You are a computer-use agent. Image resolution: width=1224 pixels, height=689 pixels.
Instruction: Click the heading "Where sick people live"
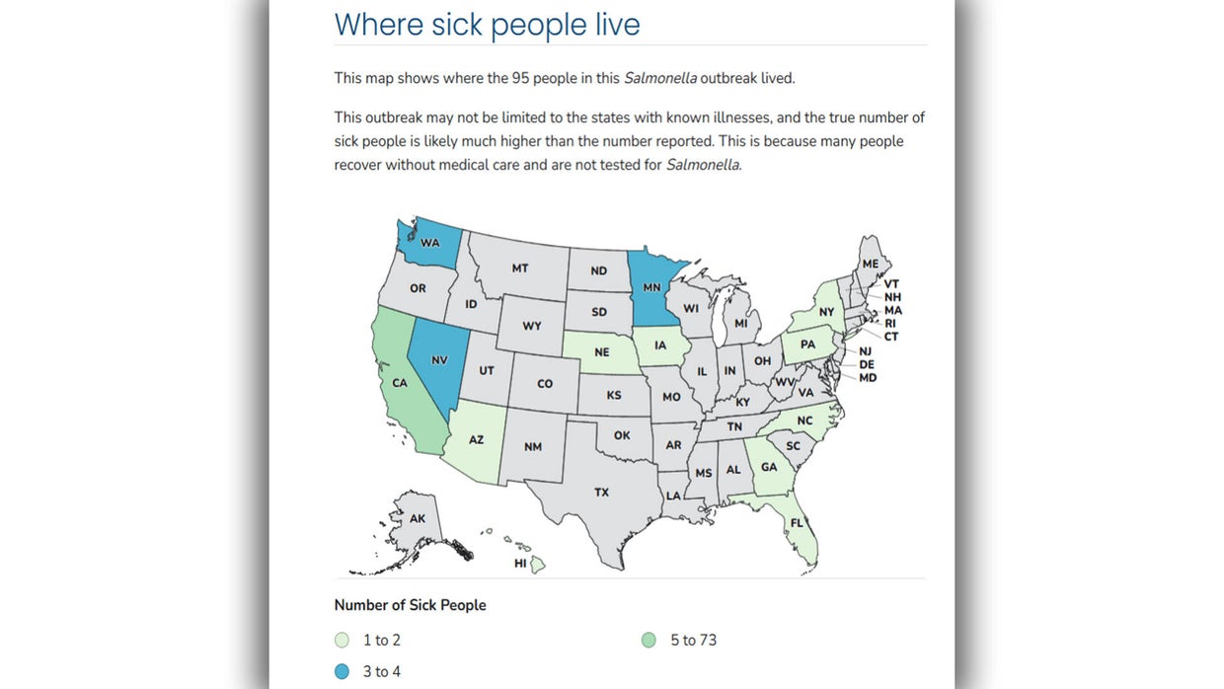(x=487, y=24)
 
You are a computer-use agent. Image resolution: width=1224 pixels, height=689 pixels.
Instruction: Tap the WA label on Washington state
(x=430, y=242)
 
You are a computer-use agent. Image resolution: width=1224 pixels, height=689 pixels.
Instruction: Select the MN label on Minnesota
(x=651, y=288)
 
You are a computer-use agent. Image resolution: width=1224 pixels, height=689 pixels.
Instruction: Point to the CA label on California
(x=401, y=383)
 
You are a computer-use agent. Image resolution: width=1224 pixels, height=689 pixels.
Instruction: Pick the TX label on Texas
(x=601, y=492)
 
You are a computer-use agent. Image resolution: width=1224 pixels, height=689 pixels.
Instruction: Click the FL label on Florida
(x=797, y=522)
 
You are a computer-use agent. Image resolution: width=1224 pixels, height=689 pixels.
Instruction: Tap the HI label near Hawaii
(x=520, y=564)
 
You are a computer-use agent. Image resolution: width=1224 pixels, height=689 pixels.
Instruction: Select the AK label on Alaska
(x=418, y=518)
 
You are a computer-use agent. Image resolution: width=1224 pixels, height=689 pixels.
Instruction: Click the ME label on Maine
(x=870, y=264)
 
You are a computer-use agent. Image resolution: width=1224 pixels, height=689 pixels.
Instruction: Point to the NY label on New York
(x=826, y=312)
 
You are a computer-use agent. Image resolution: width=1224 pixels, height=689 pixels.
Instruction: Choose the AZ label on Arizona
(x=476, y=439)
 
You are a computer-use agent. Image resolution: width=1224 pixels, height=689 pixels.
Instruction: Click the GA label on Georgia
(x=769, y=468)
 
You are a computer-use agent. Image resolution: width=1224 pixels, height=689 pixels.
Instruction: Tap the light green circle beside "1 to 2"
(x=342, y=641)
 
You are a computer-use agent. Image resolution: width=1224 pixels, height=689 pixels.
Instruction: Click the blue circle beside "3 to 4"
(x=342, y=672)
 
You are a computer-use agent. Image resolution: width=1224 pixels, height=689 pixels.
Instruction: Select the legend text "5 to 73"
(x=693, y=641)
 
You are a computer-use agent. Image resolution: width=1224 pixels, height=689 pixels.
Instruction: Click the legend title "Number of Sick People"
(x=410, y=605)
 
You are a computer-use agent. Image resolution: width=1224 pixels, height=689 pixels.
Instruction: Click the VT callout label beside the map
(x=891, y=283)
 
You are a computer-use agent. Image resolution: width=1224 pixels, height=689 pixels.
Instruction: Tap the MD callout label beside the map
(x=868, y=378)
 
